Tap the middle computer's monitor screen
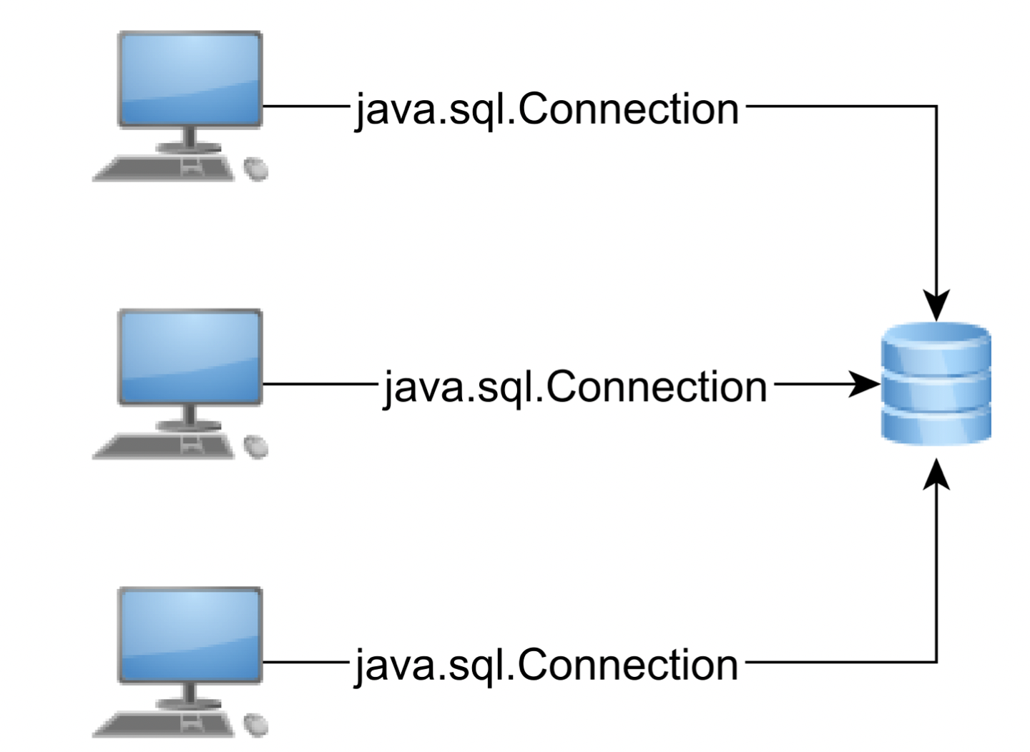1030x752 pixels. [190, 357]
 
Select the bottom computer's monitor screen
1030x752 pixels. [190, 635]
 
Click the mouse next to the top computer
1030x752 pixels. [256, 169]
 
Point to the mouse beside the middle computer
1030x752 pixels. [256, 447]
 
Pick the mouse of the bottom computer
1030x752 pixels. [256, 725]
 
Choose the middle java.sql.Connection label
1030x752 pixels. [575, 387]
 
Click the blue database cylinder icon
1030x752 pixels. [936, 384]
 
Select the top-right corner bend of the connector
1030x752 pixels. [936, 107]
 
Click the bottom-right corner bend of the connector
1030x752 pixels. [936, 662]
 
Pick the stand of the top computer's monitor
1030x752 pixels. [190, 139]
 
